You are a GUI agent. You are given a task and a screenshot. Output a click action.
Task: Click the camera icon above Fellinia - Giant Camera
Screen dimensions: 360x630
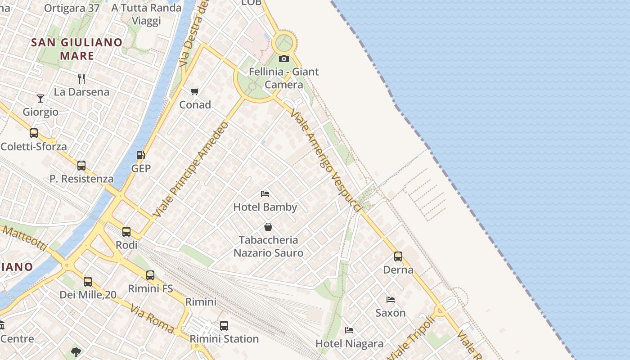(x=283, y=58)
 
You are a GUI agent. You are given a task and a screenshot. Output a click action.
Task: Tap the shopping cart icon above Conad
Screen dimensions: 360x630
(x=195, y=92)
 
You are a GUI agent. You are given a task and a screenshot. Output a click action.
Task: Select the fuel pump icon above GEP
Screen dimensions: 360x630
(x=141, y=155)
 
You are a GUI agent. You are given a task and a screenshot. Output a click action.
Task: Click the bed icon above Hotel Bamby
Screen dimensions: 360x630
(x=265, y=194)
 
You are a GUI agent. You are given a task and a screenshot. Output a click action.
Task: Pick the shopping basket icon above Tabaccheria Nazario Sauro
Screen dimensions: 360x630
(x=268, y=226)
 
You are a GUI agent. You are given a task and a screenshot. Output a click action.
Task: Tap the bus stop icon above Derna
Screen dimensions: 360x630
(x=398, y=256)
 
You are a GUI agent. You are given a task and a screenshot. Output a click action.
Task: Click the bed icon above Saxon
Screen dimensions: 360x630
(x=391, y=299)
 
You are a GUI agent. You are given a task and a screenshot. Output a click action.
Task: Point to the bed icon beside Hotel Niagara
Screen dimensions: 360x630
(x=349, y=330)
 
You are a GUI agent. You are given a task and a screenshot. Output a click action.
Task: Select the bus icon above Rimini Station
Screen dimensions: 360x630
(x=224, y=325)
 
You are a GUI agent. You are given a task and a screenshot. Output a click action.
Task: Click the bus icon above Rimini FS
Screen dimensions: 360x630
(x=150, y=275)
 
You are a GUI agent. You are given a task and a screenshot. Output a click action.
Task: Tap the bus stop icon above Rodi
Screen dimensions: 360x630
(x=126, y=232)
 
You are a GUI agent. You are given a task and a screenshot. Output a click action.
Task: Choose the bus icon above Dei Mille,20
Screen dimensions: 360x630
(x=88, y=282)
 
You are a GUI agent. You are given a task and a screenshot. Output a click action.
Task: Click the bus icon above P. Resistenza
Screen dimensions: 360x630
(x=81, y=166)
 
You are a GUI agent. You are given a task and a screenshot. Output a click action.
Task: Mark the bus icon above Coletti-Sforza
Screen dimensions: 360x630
(x=34, y=133)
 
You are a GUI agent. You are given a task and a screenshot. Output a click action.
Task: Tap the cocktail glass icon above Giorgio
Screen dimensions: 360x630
(x=40, y=98)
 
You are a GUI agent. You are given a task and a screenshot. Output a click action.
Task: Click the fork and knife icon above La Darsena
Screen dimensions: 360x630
(x=81, y=79)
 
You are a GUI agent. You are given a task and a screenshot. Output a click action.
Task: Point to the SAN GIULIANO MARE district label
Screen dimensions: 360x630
(x=77, y=49)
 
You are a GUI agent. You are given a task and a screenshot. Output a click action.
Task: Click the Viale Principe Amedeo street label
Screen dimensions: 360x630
(x=191, y=169)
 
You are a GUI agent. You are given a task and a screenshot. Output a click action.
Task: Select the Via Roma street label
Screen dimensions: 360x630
(x=152, y=319)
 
